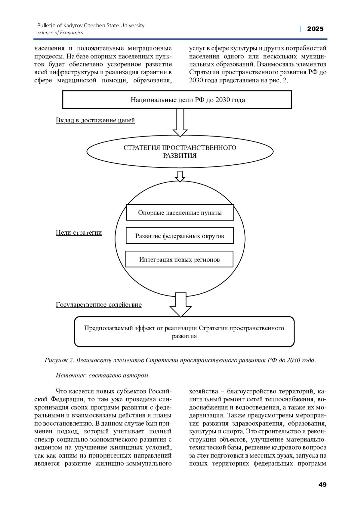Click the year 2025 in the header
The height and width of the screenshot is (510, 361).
[x=315, y=29]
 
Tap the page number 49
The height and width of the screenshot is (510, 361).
[x=322, y=484]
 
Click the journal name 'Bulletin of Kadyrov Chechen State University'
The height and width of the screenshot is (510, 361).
[x=91, y=26]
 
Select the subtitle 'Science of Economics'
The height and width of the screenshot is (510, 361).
[x=60, y=33]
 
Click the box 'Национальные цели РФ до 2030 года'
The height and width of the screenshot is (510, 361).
[x=177, y=100]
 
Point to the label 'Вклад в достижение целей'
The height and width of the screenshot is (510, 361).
[x=95, y=120]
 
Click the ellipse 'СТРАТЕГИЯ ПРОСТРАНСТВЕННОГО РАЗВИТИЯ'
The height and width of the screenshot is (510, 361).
[x=180, y=152]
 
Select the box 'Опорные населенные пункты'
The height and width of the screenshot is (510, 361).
[x=180, y=213]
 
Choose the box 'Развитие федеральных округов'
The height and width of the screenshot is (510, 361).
[x=180, y=236]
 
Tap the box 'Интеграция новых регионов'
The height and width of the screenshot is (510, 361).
[x=179, y=259]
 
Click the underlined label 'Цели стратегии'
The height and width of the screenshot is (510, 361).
[x=79, y=233]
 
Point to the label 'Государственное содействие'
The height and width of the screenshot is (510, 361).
[x=98, y=305]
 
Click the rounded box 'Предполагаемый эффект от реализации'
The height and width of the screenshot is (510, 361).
[x=184, y=332]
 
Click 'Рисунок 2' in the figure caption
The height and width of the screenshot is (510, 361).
[x=59, y=360]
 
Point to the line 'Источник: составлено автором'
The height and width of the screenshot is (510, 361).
[x=103, y=375]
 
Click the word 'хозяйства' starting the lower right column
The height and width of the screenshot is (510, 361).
[x=203, y=392]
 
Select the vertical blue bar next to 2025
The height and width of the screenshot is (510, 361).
[x=300, y=29]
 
